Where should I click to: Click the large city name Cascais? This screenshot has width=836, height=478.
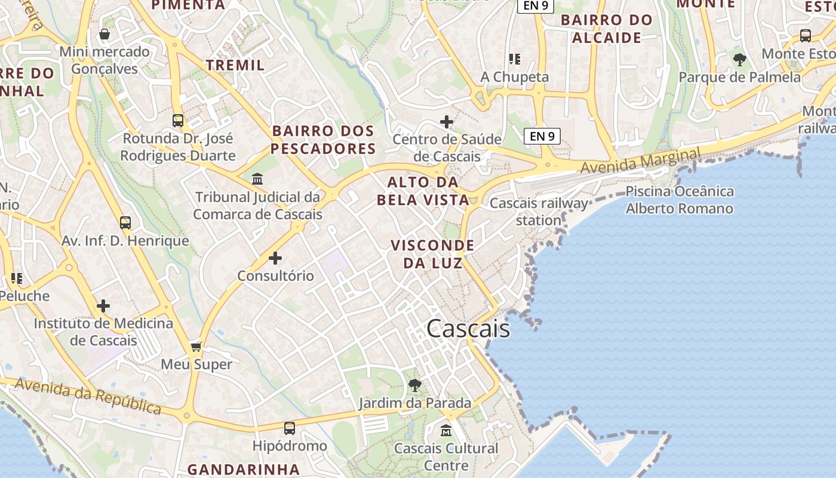point(469,329)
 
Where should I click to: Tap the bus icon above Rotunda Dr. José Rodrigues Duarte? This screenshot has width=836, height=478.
point(178,120)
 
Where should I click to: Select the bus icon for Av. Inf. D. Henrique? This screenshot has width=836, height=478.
point(125,223)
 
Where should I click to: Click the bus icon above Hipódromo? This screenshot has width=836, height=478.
point(290,428)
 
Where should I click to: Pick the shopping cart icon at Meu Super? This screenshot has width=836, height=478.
point(196,347)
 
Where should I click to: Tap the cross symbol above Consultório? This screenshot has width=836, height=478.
point(275,258)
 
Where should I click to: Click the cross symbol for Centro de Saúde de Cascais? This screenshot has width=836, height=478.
point(447,122)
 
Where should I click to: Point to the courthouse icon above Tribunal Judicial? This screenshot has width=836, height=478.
point(257,179)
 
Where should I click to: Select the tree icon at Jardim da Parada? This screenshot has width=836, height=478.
point(415,385)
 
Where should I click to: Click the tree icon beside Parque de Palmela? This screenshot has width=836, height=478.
point(740,59)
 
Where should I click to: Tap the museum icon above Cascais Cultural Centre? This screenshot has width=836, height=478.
point(446,430)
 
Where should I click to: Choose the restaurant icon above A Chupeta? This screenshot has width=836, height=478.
point(515,59)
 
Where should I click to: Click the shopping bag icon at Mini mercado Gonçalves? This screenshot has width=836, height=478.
point(105,34)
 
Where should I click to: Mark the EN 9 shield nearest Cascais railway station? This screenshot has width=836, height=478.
point(542,136)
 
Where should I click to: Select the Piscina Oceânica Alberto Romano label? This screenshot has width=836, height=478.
point(680,200)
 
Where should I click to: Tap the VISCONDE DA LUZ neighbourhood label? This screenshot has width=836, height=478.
point(432,254)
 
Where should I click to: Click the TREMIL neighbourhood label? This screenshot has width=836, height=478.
point(235,65)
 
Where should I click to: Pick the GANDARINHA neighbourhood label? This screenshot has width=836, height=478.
point(244,469)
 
